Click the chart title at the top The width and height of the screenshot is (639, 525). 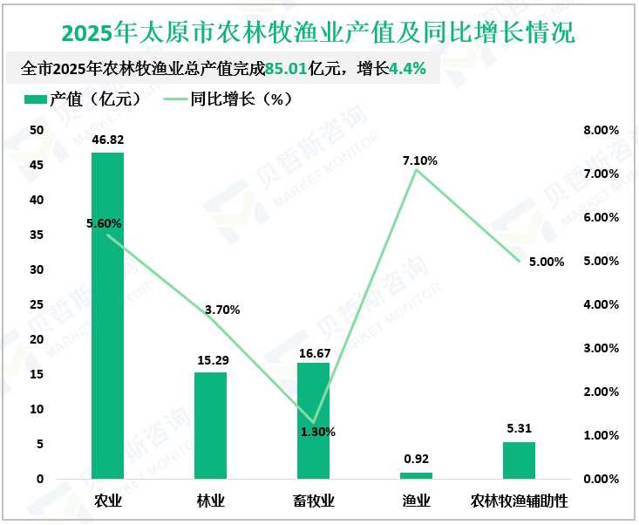pyautogui.click(x=319, y=33)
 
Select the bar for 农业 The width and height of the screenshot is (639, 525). pyautogui.click(x=107, y=315)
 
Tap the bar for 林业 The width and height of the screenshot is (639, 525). pyautogui.click(x=210, y=425)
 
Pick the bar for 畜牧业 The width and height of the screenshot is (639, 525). pyautogui.click(x=313, y=420)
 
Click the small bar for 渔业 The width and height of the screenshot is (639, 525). pyautogui.click(x=416, y=475)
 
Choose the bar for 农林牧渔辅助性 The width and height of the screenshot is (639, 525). pyautogui.click(x=519, y=460)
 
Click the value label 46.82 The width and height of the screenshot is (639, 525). pyautogui.click(x=107, y=140)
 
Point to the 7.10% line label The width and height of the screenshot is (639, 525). pyautogui.click(x=420, y=160)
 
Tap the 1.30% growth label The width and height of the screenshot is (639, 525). pyautogui.click(x=318, y=432)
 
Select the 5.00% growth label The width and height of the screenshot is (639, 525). pyautogui.click(x=547, y=262)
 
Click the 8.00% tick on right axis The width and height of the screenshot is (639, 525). pyautogui.click(x=600, y=130)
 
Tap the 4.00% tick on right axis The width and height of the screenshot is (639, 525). pyautogui.click(x=600, y=304)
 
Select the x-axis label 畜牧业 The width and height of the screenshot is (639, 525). pyautogui.click(x=313, y=501)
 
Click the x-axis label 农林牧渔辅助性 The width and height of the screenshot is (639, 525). pyautogui.click(x=519, y=501)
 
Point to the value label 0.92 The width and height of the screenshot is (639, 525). pyautogui.click(x=416, y=459)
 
